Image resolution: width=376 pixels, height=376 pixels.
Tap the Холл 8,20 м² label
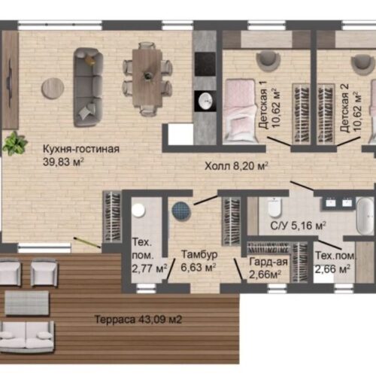coord(236,166)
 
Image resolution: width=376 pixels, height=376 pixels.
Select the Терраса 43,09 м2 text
coord(138,320)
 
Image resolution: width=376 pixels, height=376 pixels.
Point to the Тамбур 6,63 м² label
coord(199,261)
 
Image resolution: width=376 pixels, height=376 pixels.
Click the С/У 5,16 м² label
coord(298,226)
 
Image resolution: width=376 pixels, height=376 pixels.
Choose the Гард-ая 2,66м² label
coord(268,268)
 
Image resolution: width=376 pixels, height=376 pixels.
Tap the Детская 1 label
coord(263,105)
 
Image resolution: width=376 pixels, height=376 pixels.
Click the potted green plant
coord(14,144)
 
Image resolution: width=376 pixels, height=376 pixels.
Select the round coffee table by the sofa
coord(53,88)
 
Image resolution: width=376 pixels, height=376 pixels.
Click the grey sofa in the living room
coord(88,87)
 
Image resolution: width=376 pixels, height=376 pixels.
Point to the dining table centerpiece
coord(147,74)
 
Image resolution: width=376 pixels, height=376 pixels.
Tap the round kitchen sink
coord(205,101)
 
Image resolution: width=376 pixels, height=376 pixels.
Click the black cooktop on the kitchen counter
coord(205,64)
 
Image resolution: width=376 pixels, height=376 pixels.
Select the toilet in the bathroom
coord(274,208)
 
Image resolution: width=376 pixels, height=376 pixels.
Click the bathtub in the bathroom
coord(365,216)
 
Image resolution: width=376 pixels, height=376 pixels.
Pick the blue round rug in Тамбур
coord(181,211)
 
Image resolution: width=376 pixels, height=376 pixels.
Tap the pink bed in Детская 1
coord(240,111)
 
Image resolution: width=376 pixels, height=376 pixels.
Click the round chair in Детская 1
coord(268,60)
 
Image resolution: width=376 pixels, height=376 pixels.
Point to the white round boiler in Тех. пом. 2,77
coord(138,211)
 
